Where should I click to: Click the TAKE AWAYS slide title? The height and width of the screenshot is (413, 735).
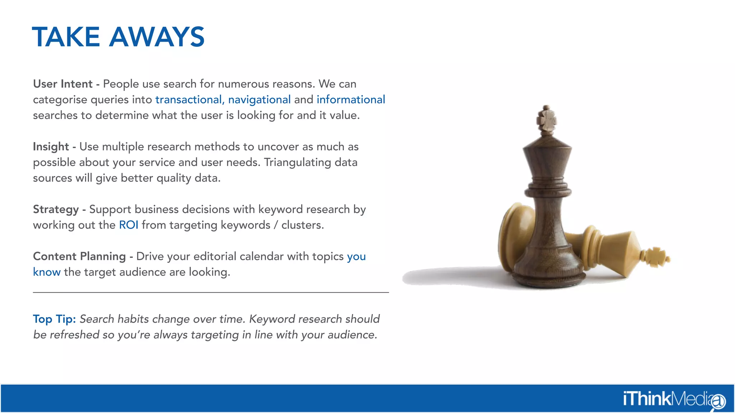pyautogui.click(x=118, y=37)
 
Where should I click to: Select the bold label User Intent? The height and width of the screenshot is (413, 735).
pyautogui.click(x=63, y=84)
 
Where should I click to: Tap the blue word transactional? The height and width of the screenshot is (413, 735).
pyautogui.click(x=189, y=100)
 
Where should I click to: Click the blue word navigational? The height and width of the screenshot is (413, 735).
pyautogui.click(x=259, y=100)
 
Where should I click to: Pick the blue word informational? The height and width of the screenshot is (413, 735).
pyautogui.click(x=351, y=100)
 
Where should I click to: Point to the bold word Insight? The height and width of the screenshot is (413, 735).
pyautogui.click(x=51, y=147)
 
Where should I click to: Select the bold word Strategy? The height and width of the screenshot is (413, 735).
pyautogui.click(x=56, y=209)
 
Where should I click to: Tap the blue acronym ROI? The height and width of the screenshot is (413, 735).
pyautogui.click(x=128, y=225)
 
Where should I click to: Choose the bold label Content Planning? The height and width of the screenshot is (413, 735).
pyautogui.click(x=79, y=256)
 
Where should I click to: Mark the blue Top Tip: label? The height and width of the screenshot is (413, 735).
pyautogui.click(x=54, y=319)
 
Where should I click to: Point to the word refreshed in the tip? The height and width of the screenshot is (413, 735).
pyautogui.click(x=74, y=335)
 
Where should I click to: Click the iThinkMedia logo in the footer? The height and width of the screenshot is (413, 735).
pyautogui.click(x=674, y=399)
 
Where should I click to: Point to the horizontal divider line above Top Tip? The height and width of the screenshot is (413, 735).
pyautogui.click(x=211, y=293)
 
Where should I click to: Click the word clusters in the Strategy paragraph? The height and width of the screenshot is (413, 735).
pyautogui.click(x=302, y=225)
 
